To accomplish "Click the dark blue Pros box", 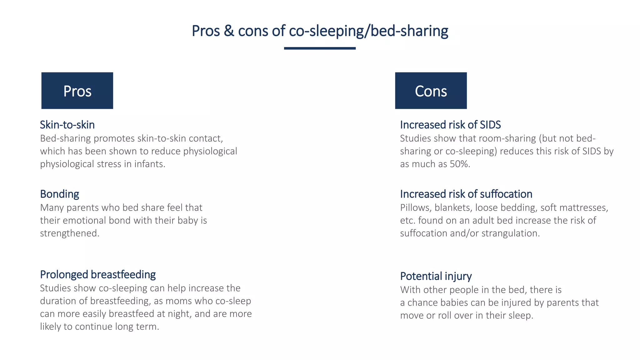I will click(x=77, y=91).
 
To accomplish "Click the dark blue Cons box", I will click(x=431, y=91).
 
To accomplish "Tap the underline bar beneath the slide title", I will click(x=320, y=48).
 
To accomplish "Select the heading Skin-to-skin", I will click(x=67, y=125).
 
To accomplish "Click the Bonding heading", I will click(x=59, y=194).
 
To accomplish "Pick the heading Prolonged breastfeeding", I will click(x=98, y=274).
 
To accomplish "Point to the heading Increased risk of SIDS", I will click(x=450, y=125).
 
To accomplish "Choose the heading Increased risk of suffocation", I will click(x=466, y=194).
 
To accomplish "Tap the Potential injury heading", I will click(x=436, y=276).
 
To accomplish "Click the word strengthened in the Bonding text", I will click(x=69, y=233).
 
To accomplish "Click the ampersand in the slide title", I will click(x=229, y=31).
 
